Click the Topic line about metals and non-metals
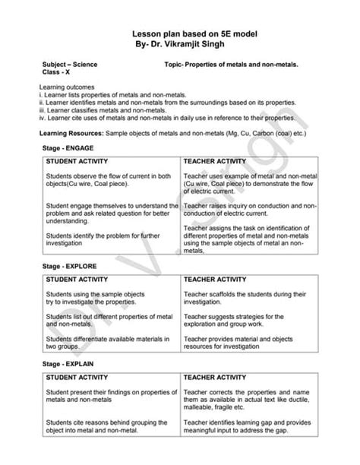231,66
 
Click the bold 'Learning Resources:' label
71,133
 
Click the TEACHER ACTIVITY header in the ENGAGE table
215,162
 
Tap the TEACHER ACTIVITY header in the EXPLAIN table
215,377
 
